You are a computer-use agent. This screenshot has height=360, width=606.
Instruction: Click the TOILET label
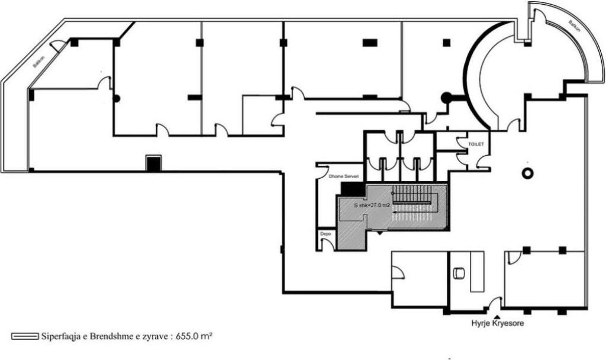click(476, 144)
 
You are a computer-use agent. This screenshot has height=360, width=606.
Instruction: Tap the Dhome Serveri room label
click(345, 176)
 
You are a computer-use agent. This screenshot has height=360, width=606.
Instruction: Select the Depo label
click(325, 234)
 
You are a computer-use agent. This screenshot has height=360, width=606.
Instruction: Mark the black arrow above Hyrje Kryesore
click(495, 315)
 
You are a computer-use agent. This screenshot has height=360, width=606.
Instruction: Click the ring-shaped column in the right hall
click(526, 172)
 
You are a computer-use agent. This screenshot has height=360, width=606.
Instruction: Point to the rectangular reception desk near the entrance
click(476, 271)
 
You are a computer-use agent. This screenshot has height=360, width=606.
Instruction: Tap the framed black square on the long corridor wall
click(153, 163)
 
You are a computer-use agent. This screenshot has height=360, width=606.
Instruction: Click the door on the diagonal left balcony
click(58, 46)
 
